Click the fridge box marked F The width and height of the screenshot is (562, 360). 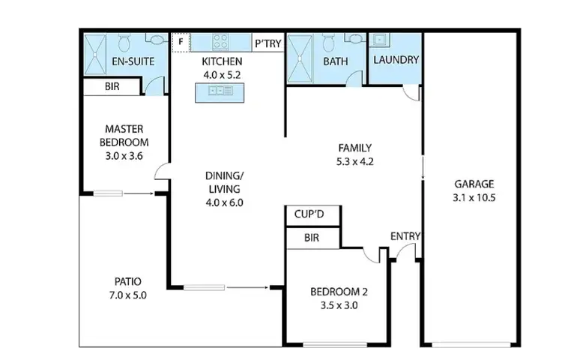[x=180, y=42]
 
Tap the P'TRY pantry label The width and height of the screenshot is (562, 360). [x=268, y=43]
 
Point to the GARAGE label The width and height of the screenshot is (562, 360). [x=474, y=184]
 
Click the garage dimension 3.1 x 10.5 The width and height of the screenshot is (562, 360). [x=474, y=199]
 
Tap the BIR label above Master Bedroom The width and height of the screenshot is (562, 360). [x=112, y=87]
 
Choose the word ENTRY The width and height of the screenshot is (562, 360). [x=405, y=237]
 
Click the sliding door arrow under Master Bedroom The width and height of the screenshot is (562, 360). [x=136, y=194]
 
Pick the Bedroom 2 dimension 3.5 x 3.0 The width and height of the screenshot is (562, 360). [x=339, y=306]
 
